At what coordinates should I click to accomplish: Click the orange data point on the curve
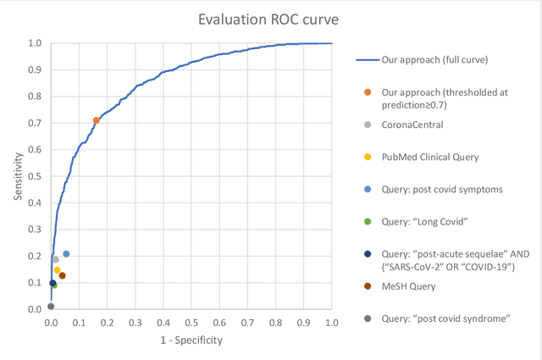click(97, 120)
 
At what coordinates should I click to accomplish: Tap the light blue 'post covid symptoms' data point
click(66, 254)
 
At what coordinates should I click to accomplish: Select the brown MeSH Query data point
click(63, 275)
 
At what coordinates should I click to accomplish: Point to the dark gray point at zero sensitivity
click(51, 307)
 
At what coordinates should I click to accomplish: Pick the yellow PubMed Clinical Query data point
click(57, 270)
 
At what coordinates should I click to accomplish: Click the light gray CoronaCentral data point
click(56, 259)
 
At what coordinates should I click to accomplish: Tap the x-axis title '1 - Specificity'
click(191, 340)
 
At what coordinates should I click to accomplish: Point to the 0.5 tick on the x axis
click(191, 323)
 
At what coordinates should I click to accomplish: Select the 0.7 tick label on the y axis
click(35, 123)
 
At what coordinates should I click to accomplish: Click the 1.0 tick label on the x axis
click(331, 323)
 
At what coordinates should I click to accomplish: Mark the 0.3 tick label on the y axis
click(35, 230)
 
